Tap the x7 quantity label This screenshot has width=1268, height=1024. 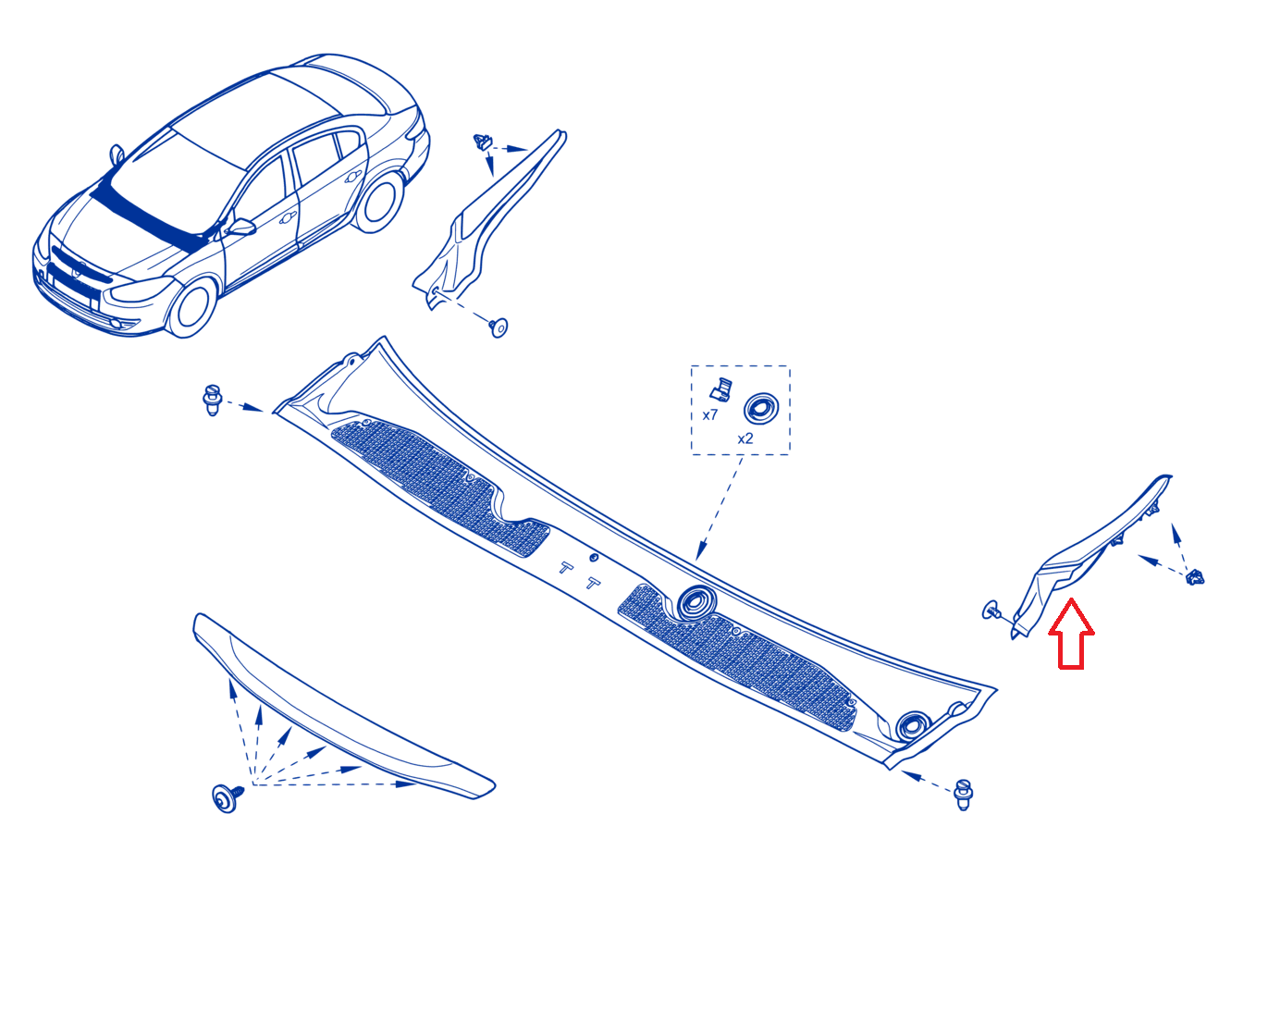click(x=709, y=415)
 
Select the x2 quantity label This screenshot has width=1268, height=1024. click(x=745, y=438)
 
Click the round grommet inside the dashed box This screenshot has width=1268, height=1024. click(x=761, y=409)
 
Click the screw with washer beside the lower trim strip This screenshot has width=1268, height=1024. click(x=228, y=797)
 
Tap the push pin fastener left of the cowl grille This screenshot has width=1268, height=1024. click(x=213, y=400)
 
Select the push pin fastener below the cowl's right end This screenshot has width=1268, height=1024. click(x=963, y=795)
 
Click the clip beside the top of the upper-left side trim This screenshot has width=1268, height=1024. click(x=483, y=142)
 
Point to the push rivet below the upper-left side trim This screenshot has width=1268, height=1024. click(x=499, y=327)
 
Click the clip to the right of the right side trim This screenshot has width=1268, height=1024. click(x=1194, y=577)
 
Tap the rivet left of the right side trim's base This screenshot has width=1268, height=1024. click(x=991, y=611)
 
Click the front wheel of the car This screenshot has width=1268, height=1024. click(x=192, y=308)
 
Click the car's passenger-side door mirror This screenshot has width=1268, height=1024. click(x=241, y=227)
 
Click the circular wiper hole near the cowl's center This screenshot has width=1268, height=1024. click(x=696, y=602)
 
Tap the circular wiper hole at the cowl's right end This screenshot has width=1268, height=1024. click(x=913, y=726)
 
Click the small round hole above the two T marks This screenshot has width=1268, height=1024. click(x=594, y=557)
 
